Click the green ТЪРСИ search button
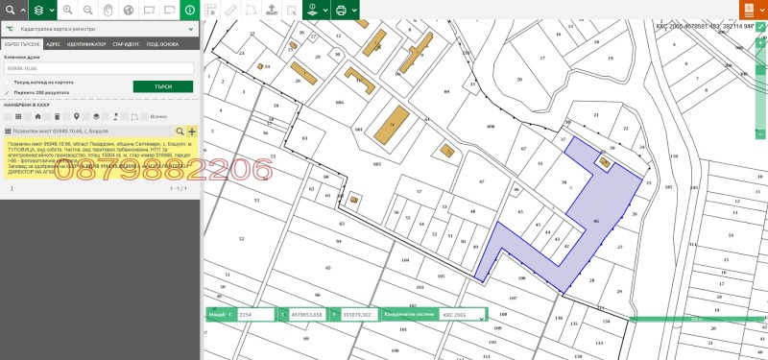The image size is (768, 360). pyautogui.click(x=163, y=86)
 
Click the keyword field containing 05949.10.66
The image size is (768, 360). pyautogui.click(x=100, y=69)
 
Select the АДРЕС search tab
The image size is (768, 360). pyautogui.click(x=53, y=44)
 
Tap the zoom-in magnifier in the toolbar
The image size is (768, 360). pyautogui.click(x=67, y=11)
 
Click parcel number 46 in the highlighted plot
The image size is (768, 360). pyautogui.click(x=596, y=221)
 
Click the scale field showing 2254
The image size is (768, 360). pyautogui.click(x=256, y=314)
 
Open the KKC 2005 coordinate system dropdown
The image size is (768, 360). pyautogui.click(x=461, y=314)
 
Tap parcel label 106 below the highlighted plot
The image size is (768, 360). pyautogui.click(x=520, y=278)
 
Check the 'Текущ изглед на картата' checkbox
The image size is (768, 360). pyautogui.click(x=8, y=83)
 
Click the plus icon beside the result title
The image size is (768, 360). pyautogui.click(x=192, y=131)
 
